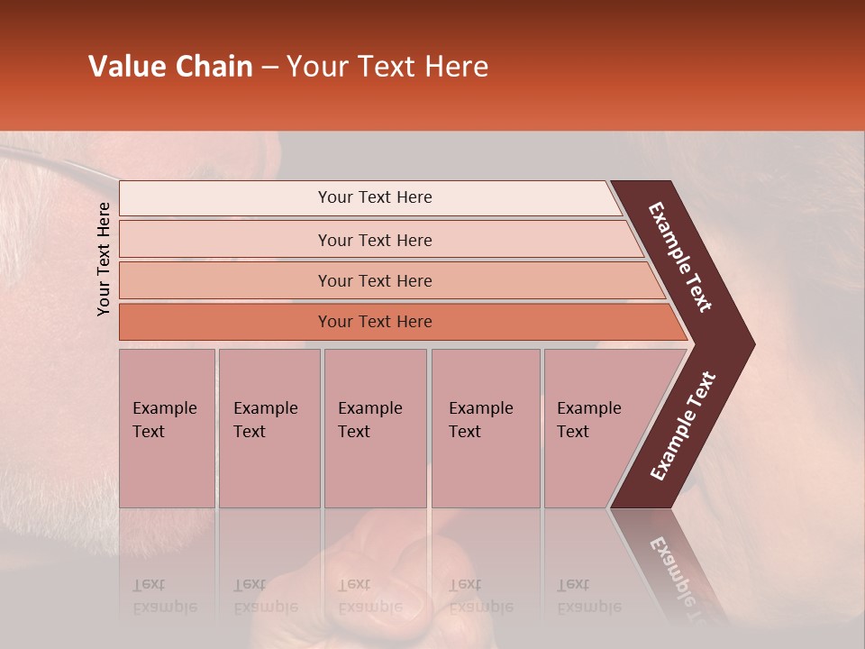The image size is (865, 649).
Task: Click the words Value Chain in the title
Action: tap(170, 67)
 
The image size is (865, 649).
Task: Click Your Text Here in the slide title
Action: tap(387, 67)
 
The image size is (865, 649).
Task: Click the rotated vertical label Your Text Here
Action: tap(104, 259)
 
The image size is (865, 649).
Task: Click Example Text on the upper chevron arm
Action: tap(680, 257)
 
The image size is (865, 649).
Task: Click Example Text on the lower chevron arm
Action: tap(682, 426)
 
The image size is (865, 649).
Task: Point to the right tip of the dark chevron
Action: tap(753, 344)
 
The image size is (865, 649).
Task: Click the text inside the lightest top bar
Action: tap(375, 197)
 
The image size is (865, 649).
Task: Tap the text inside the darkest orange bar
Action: tap(375, 322)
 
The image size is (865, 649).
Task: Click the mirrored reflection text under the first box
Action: tap(164, 596)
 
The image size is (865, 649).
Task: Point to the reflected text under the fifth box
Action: tap(588, 596)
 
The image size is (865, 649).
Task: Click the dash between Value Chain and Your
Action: tap(269, 68)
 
